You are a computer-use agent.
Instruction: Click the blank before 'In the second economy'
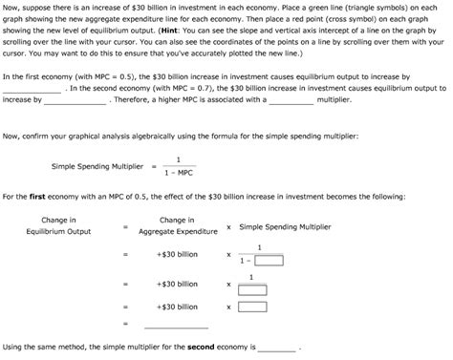pyautogui.click(x=32, y=88)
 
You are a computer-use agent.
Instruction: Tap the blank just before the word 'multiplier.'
pyautogui.click(x=286, y=99)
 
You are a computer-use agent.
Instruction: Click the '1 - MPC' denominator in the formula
pyautogui.click(x=178, y=173)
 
